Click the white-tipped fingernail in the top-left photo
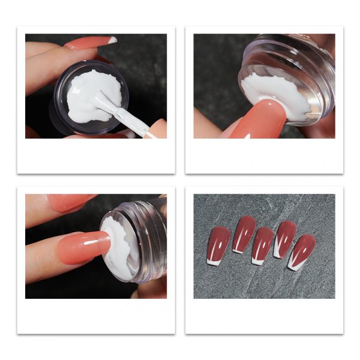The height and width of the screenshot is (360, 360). point(90,43)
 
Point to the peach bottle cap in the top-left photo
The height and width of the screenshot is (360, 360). point(157,128)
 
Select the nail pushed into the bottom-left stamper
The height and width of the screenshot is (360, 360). point(84,247)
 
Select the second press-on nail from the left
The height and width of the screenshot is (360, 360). point(244,234)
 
